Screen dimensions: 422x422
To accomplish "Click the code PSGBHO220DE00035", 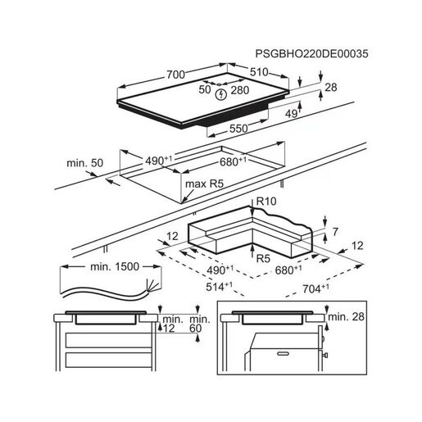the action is [311, 54].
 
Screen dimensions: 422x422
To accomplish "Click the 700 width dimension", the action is [175, 75].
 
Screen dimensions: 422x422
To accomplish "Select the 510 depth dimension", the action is [259, 72].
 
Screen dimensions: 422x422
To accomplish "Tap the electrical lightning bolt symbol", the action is [221, 94].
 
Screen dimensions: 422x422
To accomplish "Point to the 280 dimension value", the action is [240, 90].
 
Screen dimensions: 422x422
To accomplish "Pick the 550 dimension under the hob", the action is [238, 129].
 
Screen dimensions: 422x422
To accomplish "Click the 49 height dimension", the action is [291, 114].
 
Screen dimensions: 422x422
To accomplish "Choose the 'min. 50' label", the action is [85, 163].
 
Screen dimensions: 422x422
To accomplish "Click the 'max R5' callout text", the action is [204, 184].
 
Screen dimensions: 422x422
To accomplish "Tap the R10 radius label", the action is [266, 202].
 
